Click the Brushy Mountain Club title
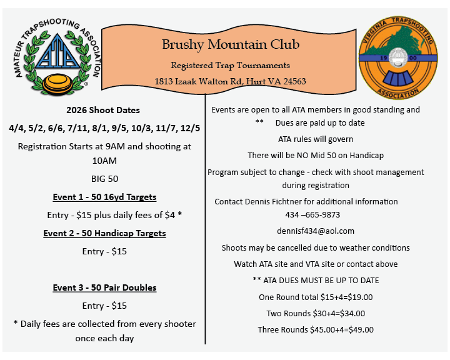231,44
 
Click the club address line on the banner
230,81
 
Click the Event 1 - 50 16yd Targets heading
104,197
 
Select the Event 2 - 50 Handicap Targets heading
104,233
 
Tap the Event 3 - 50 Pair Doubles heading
104,287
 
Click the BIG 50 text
104,178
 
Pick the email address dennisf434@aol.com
316,231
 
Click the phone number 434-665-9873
316,214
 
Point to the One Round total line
316,297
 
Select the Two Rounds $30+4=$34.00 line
316,313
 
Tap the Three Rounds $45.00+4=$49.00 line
316,329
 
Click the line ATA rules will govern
316,139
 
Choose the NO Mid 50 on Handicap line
316,155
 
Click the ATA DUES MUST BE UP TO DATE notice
316,280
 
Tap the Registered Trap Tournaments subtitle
230,65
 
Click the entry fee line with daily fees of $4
104,215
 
